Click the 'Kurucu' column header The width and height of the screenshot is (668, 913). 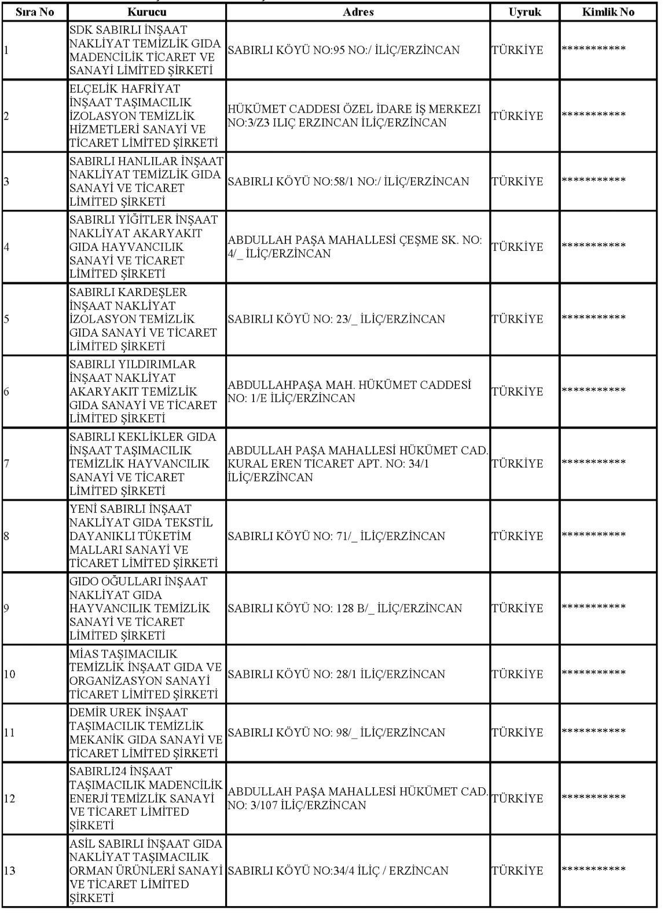pos(146,12)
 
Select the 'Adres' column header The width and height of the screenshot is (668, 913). pos(358,12)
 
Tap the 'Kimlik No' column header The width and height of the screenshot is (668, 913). pos(608,12)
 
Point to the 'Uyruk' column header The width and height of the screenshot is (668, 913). pos(524,12)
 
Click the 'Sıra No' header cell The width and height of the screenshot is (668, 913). pos(35,12)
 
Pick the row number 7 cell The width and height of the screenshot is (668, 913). pos(6,463)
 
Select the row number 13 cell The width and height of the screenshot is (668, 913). pos(10,871)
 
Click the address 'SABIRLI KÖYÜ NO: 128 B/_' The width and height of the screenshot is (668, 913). pos(345,608)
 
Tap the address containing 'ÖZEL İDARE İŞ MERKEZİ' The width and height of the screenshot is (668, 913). pos(354,116)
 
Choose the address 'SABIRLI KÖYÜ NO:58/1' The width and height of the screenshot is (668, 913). pos(348,181)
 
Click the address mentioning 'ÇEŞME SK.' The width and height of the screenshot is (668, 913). pos(354,247)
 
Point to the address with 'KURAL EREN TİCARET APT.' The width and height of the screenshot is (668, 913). pos(358,463)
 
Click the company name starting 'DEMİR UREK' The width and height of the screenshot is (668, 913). pos(146,732)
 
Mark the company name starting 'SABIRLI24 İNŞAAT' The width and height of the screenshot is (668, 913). pos(146,798)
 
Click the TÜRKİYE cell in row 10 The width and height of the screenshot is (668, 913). pos(517,674)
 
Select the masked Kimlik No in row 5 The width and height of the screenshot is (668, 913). pos(594,319)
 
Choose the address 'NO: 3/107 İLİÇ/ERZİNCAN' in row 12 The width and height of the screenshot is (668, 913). pos(297,805)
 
